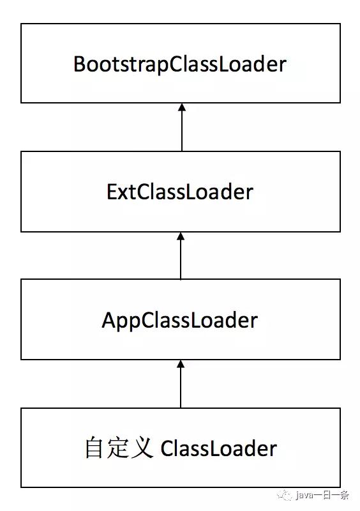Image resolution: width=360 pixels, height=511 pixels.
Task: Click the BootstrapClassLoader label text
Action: (180, 65)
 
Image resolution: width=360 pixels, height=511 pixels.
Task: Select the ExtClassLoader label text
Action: (180, 192)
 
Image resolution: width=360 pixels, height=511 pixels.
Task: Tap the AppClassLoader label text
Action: (180, 321)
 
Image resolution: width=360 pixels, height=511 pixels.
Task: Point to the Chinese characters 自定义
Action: (119, 448)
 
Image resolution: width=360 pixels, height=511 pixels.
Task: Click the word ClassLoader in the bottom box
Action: (218, 449)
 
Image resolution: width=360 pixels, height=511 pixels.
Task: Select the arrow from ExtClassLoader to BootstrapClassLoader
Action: (182, 127)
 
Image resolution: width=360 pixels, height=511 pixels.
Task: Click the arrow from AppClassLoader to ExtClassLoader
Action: (181, 256)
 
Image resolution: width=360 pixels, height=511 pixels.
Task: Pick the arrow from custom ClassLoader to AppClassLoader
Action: (181, 384)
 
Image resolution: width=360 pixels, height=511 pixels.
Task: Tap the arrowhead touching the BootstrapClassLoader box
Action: (182, 107)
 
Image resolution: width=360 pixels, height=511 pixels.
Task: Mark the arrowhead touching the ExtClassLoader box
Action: (181, 236)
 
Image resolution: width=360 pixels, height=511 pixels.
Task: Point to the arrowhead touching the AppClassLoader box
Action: (181, 363)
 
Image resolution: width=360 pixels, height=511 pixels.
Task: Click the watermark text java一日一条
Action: (322, 496)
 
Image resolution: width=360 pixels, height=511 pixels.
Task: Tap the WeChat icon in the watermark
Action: (285, 496)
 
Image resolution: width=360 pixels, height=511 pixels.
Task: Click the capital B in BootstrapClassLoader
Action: (80, 65)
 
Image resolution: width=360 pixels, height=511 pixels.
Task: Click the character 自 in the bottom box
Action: (94, 448)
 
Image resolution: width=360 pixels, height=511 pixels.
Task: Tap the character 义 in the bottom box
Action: (142, 448)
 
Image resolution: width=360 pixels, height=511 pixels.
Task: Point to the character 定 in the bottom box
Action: (117, 448)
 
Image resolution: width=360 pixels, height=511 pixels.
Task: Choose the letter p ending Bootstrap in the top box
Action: (163, 67)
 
